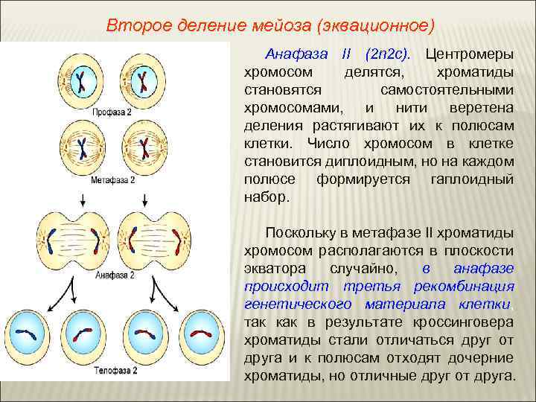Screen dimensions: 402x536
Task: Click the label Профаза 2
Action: (113, 112)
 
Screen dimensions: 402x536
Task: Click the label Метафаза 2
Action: (113, 180)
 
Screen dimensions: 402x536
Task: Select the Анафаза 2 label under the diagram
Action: (115, 274)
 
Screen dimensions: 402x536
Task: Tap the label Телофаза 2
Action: (114, 369)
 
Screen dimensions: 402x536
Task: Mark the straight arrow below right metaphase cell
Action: (143, 199)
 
